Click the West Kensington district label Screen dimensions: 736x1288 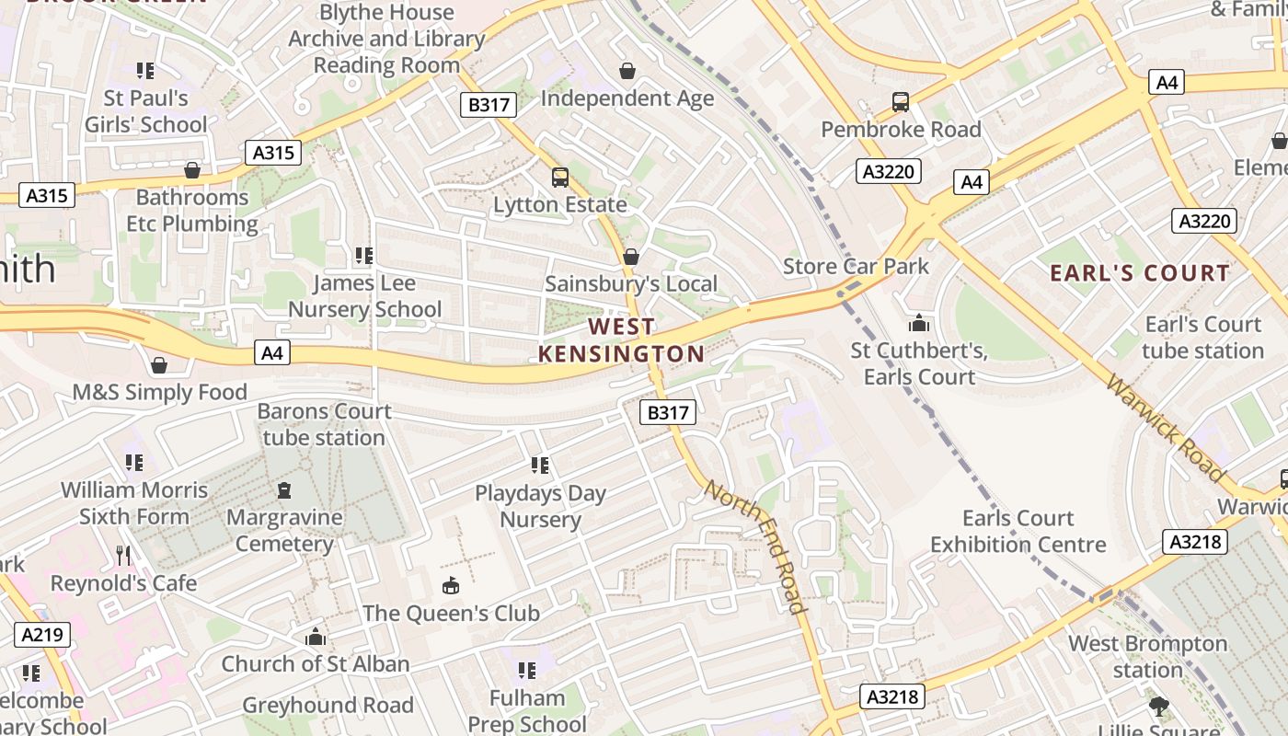pyautogui.click(x=621, y=340)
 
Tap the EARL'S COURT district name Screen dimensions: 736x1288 pyautogui.click(x=1140, y=273)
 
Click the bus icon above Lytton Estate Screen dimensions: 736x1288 pyautogui.click(x=559, y=178)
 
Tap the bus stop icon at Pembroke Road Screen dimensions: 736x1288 pyautogui.click(x=900, y=102)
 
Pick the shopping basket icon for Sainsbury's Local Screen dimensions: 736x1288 pyautogui.click(x=630, y=257)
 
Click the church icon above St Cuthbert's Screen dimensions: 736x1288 pyautogui.click(x=918, y=323)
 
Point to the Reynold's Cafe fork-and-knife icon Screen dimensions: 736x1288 pyautogui.click(x=124, y=556)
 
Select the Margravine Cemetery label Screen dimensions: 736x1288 pyautogui.click(x=284, y=531)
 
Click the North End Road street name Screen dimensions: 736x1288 pyautogui.click(x=755, y=545)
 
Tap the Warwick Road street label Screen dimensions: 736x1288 pyautogui.click(x=1166, y=429)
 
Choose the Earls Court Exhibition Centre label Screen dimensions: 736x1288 pyautogui.click(x=1018, y=532)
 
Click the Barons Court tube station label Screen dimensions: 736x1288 pyautogui.click(x=324, y=424)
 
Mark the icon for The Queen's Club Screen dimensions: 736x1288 pyautogui.click(x=451, y=585)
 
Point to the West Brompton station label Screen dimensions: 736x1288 pyautogui.click(x=1147, y=656)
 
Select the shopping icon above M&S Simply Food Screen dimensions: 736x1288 pyautogui.click(x=159, y=365)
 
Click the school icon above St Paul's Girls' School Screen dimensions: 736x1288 pyautogui.click(x=144, y=71)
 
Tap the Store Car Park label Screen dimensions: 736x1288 pyautogui.click(x=856, y=267)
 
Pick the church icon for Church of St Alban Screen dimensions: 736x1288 pyautogui.click(x=316, y=637)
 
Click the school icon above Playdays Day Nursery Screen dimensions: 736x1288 pyautogui.click(x=540, y=466)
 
